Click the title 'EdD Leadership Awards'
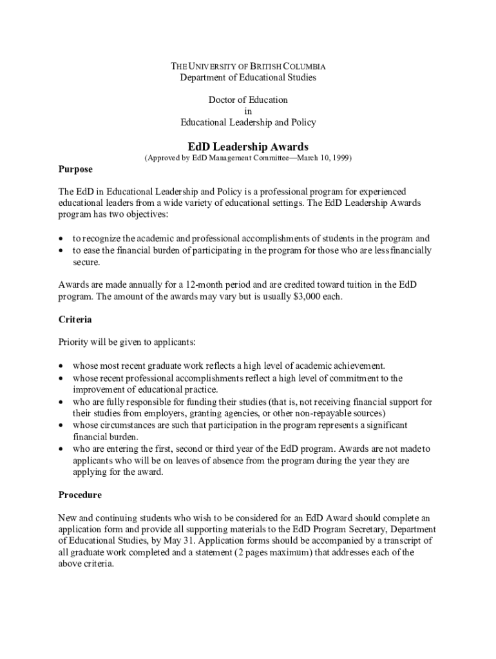tap(248, 147)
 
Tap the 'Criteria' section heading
tap(75, 319)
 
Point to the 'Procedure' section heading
tap(80, 496)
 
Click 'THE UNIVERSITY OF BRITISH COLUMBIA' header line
tap(248, 66)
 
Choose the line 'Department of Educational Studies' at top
tap(248, 78)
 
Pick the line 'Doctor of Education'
tap(248, 100)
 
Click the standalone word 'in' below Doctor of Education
tap(248, 111)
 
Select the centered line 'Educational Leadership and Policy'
tap(248, 122)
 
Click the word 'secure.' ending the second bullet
tap(86, 262)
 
